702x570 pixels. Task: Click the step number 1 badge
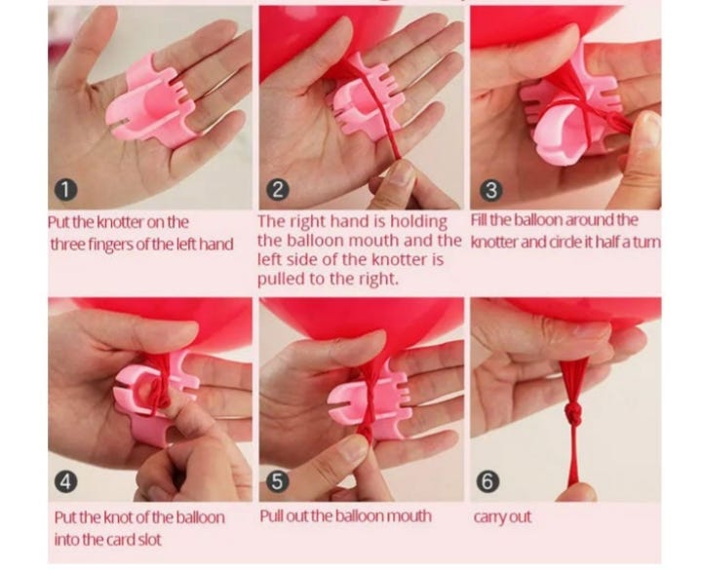pos(65,190)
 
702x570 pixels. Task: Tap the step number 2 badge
pos(278,190)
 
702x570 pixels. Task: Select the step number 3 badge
pos(491,190)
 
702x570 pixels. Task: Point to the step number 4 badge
pos(65,482)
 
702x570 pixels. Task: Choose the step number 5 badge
pos(278,482)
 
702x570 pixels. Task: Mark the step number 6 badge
pos(488,482)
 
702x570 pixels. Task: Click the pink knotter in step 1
pos(148,100)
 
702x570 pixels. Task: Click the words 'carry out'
pos(502,516)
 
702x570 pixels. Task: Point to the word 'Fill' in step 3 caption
pos(479,220)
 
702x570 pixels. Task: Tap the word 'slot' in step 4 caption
pos(149,540)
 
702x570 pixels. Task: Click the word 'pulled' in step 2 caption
pos(281,280)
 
